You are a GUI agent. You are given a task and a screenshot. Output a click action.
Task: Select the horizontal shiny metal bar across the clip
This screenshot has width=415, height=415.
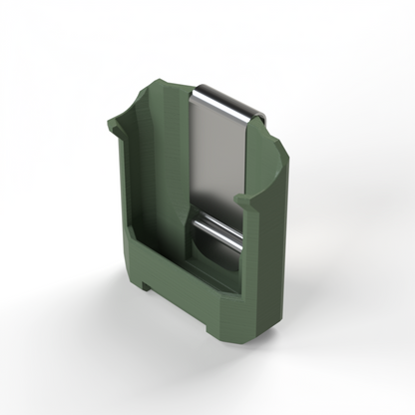tap(217, 231)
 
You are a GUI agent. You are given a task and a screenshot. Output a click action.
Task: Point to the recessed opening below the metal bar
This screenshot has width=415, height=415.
tap(211, 257)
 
